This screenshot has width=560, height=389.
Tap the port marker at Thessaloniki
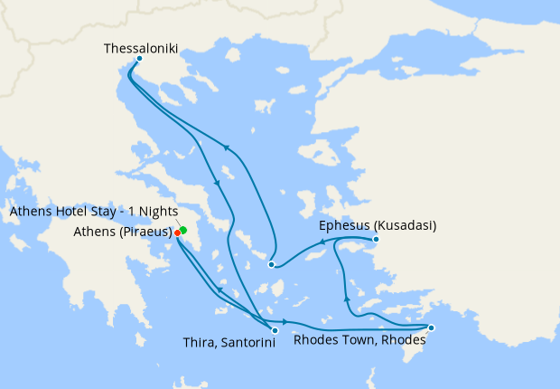pyautogui.click(x=138, y=60)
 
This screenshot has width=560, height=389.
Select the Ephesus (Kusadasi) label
pyautogui.click(x=378, y=225)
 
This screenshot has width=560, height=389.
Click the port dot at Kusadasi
pyautogui.click(x=376, y=240)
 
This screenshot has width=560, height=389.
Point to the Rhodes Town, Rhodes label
pyautogui.click(x=359, y=341)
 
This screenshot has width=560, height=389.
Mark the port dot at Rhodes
pyautogui.click(x=431, y=327)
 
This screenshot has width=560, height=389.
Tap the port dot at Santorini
pyautogui.click(x=275, y=330)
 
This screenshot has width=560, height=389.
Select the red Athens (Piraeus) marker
pyautogui.click(x=177, y=232)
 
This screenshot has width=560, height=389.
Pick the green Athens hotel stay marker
pyautogui.click(x=182, y=230)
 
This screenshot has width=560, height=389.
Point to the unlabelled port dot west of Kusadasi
pyautogui.click(x=272, y=264)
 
